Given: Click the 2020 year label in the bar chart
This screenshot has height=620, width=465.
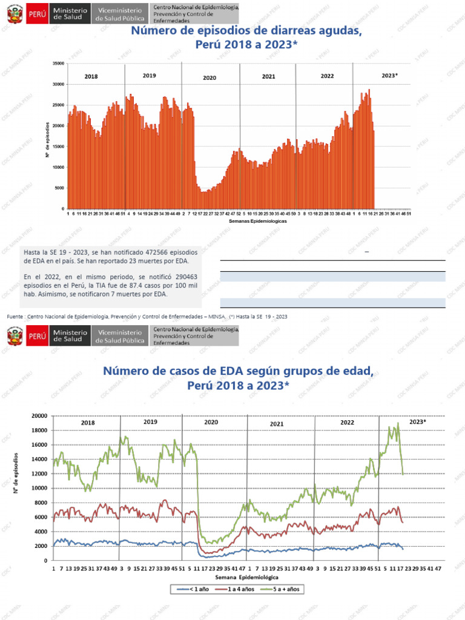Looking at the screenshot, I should (x=209, y=78).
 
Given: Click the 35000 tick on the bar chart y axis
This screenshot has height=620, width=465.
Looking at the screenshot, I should (x=59, y=63).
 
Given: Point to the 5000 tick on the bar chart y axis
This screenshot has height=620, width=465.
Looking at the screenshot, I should (x=60, y=188).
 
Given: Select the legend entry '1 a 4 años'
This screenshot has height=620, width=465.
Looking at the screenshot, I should (x=237, y=589).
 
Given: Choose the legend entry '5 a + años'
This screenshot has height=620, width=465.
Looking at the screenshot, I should (x=285, y=589).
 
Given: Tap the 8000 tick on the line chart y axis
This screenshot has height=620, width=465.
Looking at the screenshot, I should (x=41, y=503).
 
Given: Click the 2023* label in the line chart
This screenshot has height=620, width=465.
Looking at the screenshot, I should (x=418, y=421).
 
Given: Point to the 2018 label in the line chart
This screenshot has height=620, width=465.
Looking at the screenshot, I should (x=88, y=423).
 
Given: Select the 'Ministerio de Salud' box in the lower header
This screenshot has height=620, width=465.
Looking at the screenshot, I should (x=70, y=337).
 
